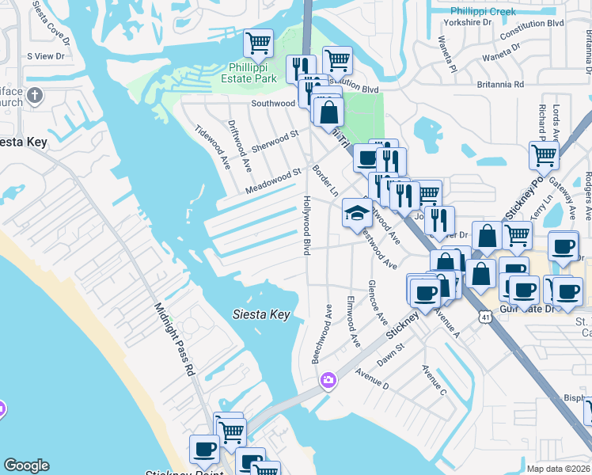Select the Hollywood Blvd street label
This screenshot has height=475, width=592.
pyautogui.click(x=305, y=225)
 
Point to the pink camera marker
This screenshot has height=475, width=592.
pyautogui.click(x=328, y=382)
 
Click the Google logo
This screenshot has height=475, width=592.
pyautogui.click(x=26, y=465)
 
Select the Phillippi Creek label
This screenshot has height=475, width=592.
pyautogui.click(x=483, y=11)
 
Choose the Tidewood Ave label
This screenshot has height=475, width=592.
pyautogui.click(x=212, y=148)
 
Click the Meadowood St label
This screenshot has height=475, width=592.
pyautogui.click(x=274, y=181)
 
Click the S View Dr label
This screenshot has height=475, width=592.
pyautogui.click(x=45, y=56)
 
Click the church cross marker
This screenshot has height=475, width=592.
pyautogui.click(x=33, y=96)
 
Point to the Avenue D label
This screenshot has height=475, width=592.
pyautogui.click(x=372, y=378)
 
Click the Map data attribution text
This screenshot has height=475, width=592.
pyautogui.click(x=559, y=469)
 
